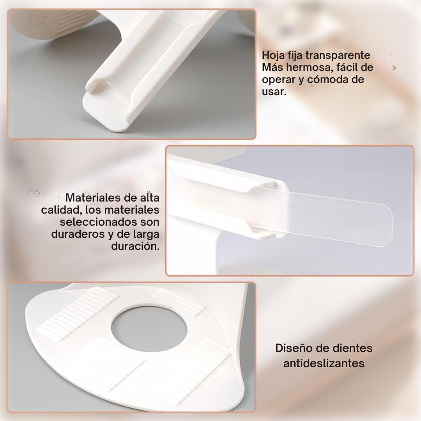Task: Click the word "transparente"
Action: point(338,56)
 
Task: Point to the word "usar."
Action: point(274,92)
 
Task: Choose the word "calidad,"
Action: point(62,210)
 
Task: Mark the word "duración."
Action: point(135,246)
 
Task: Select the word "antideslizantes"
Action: point(324,364)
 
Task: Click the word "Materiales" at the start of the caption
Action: point(93,198)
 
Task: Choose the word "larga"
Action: point(146,235)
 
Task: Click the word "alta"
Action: point(150,198)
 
